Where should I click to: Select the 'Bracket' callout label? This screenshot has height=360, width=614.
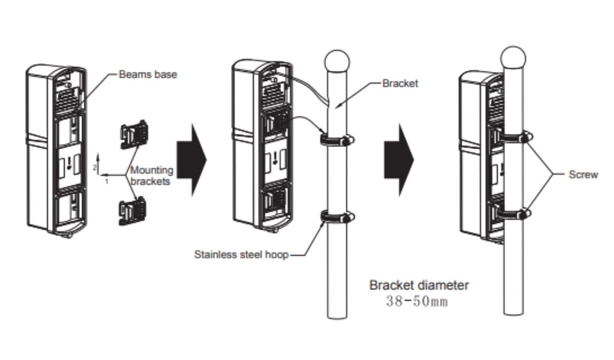pos(400,84)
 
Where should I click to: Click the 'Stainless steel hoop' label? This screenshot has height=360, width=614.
pos(241,254)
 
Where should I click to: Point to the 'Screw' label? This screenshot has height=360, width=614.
pos(583,175)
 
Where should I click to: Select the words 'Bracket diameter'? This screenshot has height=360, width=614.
pos(419,286)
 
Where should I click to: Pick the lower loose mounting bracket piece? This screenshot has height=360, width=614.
pos(133,211)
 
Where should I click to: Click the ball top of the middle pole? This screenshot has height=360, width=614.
pos(337,61)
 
